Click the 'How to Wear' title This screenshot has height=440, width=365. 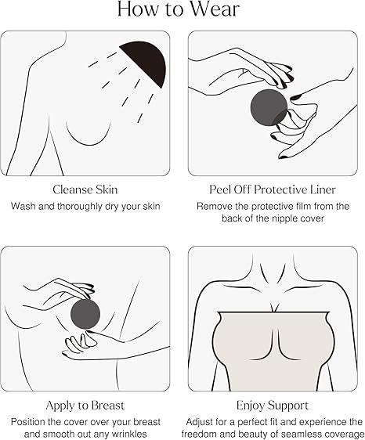[179, 9]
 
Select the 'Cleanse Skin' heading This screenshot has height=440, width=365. [85, 189]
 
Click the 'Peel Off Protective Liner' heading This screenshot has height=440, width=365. [273, 189]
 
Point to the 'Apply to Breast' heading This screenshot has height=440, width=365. [85, 406]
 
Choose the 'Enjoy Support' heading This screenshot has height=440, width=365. [273, 406]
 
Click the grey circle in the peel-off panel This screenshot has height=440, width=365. [269, 108]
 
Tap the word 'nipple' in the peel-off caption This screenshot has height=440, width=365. [284, 218]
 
